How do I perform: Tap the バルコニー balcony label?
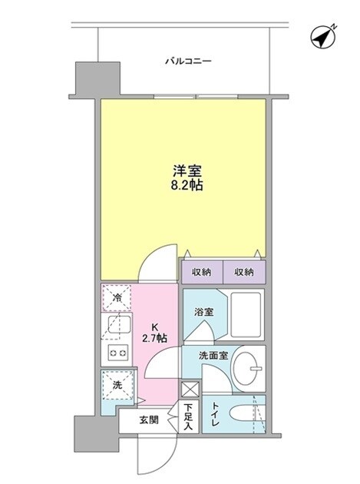pos(188,60)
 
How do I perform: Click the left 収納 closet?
pos(202,271)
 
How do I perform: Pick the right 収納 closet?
pos(244,271)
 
